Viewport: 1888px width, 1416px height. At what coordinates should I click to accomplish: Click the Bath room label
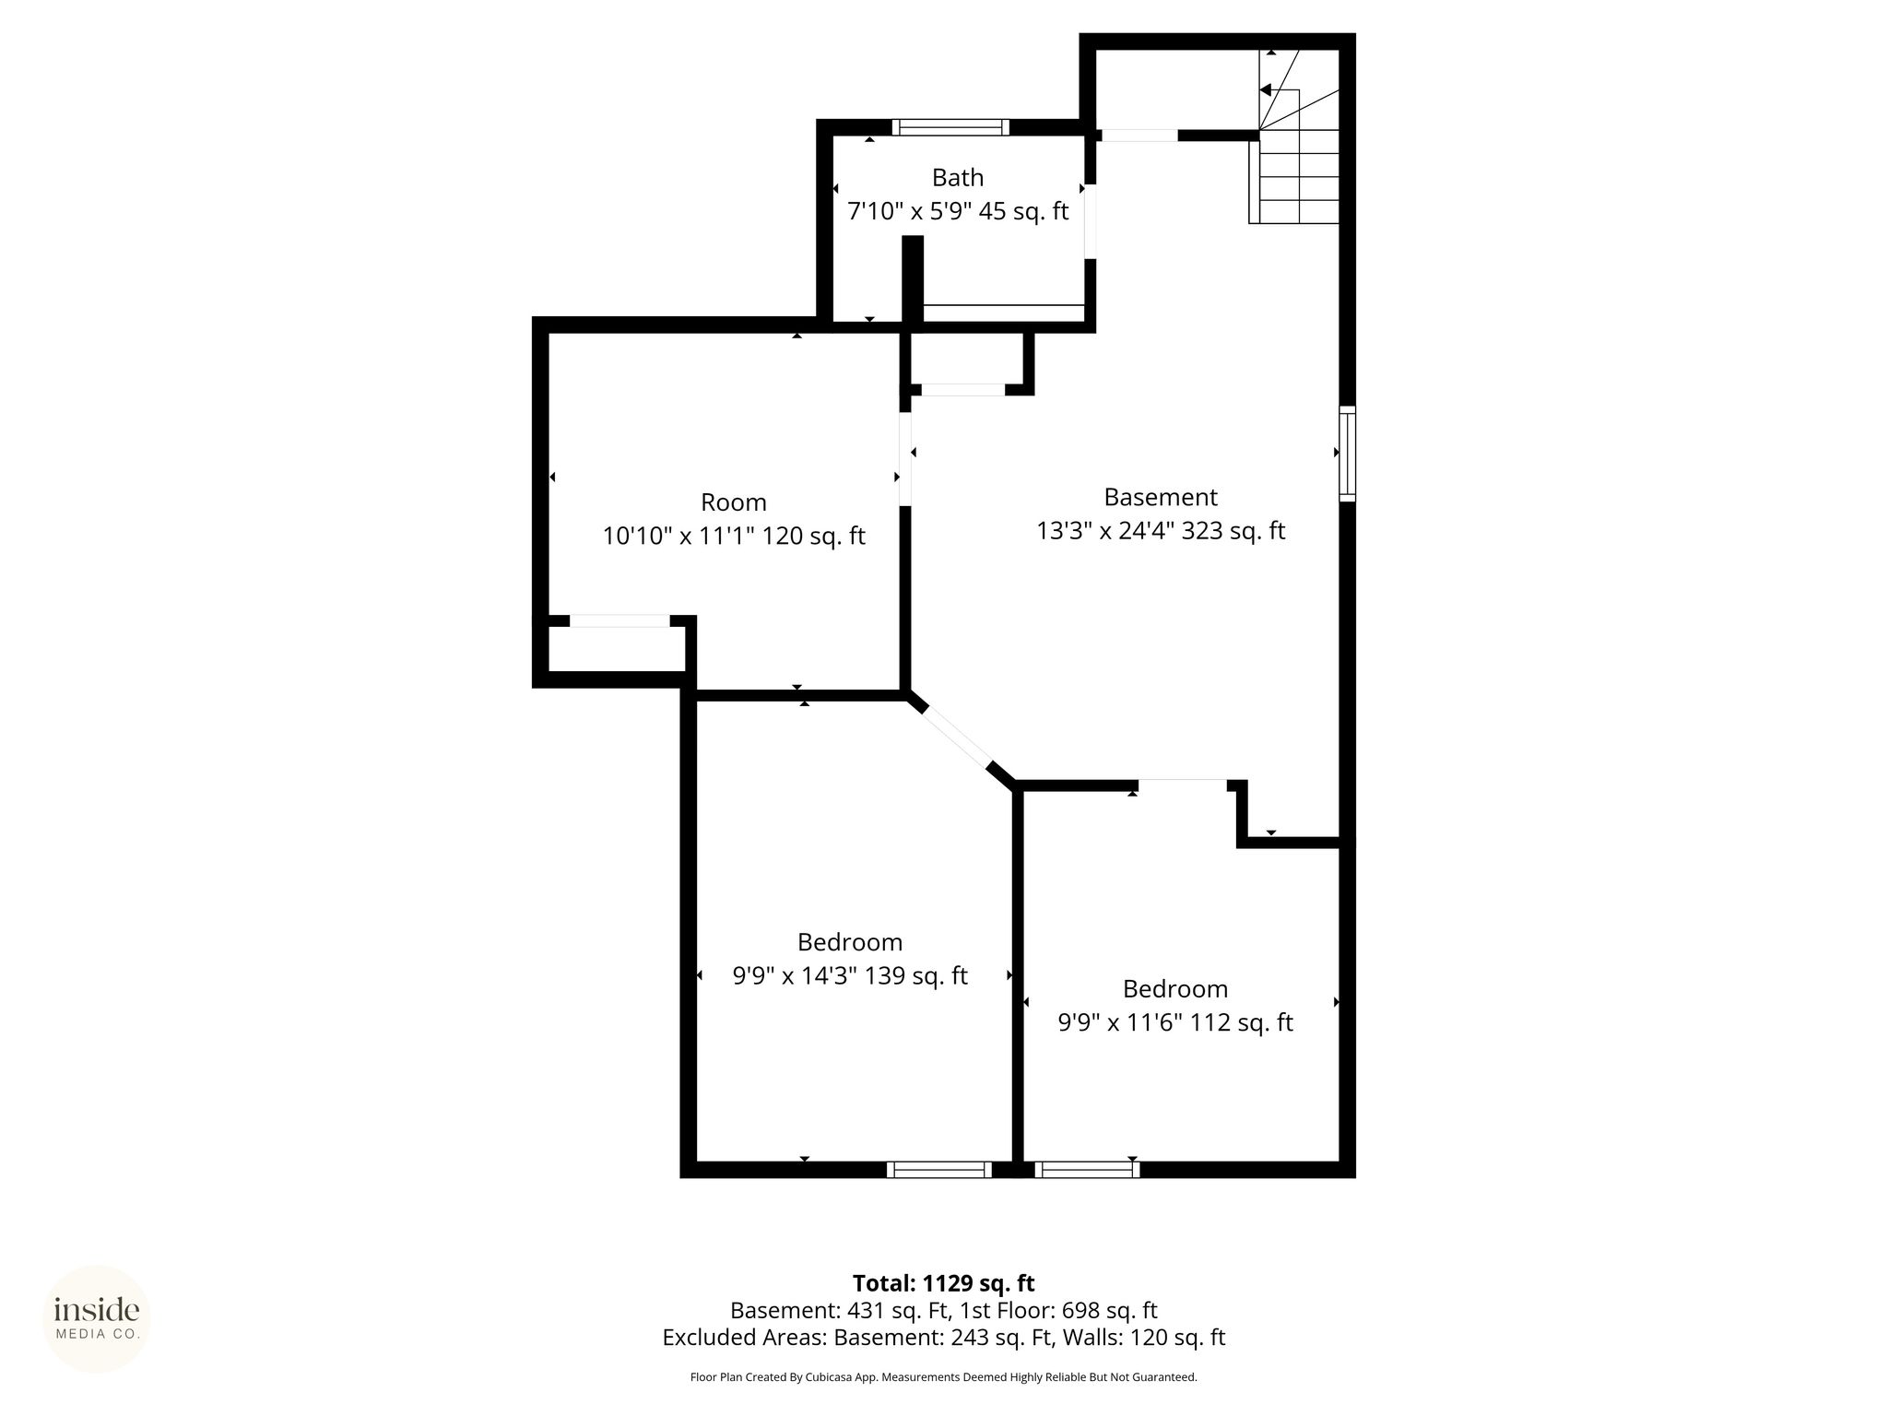click(x=957, y=177)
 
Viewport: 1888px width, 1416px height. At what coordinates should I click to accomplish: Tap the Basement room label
click(x=1161, y=497)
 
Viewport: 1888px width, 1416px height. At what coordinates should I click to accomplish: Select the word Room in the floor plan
click(x=734, y=502)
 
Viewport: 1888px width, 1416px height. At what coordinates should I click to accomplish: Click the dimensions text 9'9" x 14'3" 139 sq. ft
click(x=850, y=975)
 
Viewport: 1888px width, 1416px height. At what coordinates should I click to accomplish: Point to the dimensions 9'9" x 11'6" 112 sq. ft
click(x=1175, y=1022)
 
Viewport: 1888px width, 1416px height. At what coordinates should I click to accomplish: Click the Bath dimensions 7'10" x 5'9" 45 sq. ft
click(x=958, y=211)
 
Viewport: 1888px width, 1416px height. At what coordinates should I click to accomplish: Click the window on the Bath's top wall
click(x=950, y=127)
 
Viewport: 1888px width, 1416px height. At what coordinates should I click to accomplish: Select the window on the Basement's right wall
click(x=1348, y=454)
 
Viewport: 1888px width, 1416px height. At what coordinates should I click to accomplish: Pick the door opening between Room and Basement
click(x=905, y=458)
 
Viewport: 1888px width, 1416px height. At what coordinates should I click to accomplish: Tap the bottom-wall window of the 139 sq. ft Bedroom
click(x=939, y=1169)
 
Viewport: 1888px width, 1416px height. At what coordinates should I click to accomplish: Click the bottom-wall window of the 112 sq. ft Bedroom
click(x=1087, y=1169)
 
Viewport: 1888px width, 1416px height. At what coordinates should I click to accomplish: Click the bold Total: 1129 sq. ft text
click(x=944, y=1283)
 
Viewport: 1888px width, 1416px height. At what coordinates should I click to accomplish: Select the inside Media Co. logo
click(x=97, y=1319)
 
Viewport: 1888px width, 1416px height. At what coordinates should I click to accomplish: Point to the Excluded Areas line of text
click(x=944, y=1337)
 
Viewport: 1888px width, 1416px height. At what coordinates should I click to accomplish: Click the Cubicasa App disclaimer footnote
click(x=944, y=1377)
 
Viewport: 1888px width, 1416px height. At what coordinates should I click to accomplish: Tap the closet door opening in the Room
click(x=619, y=620)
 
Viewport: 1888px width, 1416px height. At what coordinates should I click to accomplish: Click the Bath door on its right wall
click(x=1090, y=221)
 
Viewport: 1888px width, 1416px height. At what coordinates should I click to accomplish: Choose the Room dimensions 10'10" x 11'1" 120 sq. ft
click(x=734, y=536)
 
